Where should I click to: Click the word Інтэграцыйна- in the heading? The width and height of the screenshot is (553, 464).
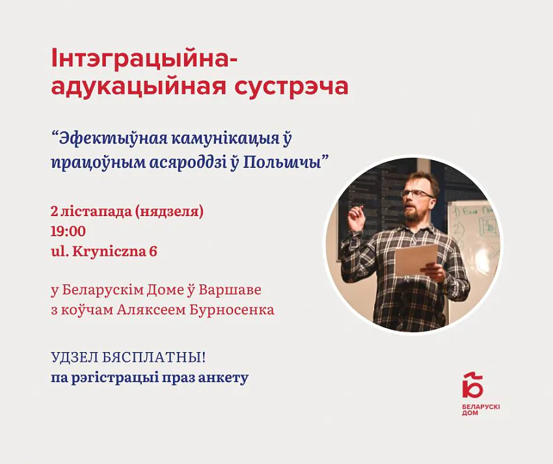(x=144, y=59)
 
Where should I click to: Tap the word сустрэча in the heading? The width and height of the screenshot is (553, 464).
(x=291, y=86)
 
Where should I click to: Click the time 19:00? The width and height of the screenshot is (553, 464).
(x=68, y=231)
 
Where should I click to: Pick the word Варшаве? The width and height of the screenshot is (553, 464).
(x=230, y=290)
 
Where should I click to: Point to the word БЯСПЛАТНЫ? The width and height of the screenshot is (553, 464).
(x=154, y=358)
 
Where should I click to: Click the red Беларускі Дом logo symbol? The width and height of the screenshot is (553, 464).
(x=472, y=384)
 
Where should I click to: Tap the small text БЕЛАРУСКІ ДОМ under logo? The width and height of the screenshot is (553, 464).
(x=481, y=410)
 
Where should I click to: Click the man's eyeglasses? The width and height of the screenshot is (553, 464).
(x=417, y=193)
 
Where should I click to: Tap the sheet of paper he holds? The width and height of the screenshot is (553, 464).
(x=416, y=259)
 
